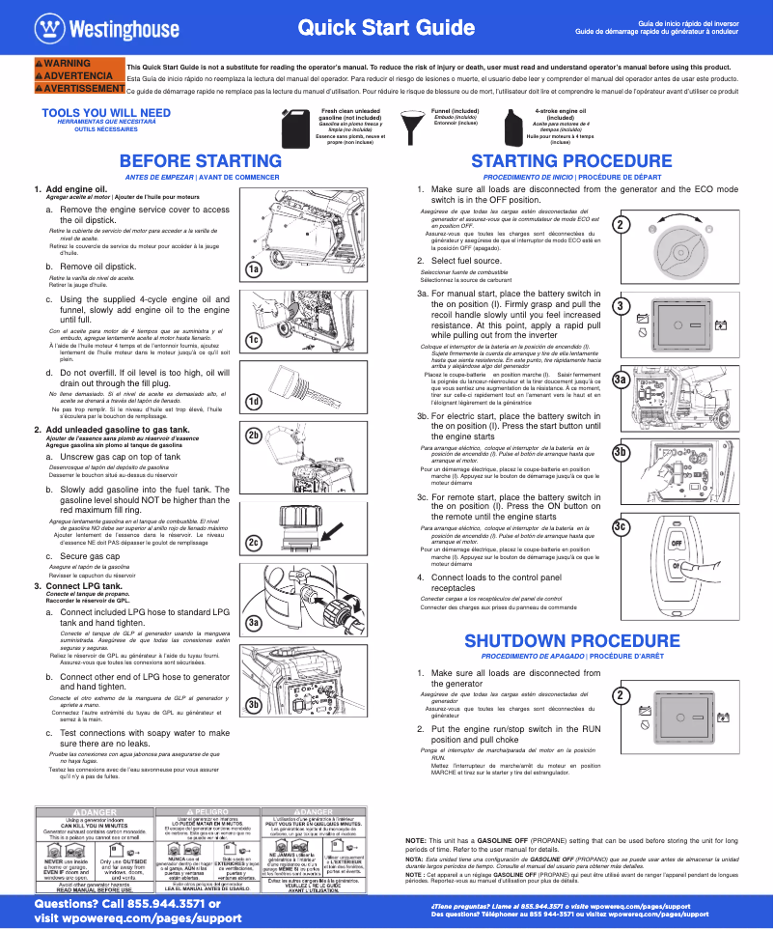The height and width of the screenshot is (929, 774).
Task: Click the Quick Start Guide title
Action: pos(386,28)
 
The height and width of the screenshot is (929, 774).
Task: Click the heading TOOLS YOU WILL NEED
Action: pos(106,113)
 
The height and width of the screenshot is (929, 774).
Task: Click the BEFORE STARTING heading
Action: pos(201,160)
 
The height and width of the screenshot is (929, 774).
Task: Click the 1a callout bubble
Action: pos(253,269)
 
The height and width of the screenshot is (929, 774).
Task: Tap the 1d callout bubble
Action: pos(253,401)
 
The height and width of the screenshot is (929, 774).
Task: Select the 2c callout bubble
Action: pos(253,543)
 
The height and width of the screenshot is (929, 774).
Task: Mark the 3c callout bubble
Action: pos(621,525)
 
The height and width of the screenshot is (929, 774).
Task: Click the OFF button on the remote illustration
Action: pos(677,542)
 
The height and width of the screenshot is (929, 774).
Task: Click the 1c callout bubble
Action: pos(253,340)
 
